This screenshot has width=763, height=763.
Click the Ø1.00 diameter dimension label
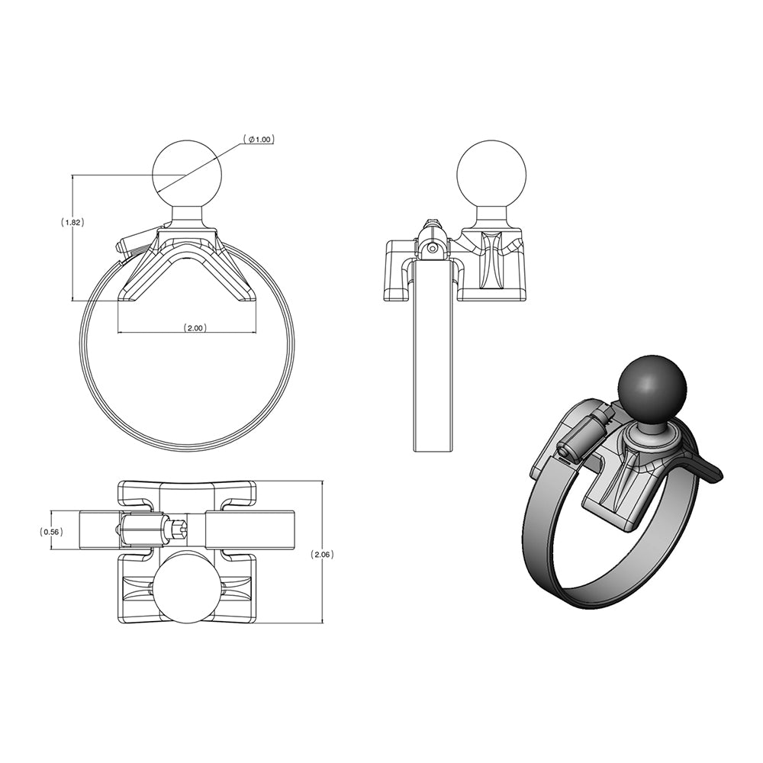pos(259,140)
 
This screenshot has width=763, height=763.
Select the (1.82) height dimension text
pos(72,222)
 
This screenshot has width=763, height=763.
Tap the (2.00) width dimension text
pos(195,327)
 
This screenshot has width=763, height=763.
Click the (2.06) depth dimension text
pos(323,555)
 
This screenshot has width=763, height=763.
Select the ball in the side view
pos(491,173)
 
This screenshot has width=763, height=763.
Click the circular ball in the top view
pos(187,587)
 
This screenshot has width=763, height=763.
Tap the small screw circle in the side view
pos(433,248)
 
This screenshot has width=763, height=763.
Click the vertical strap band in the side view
pos(433,359)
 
